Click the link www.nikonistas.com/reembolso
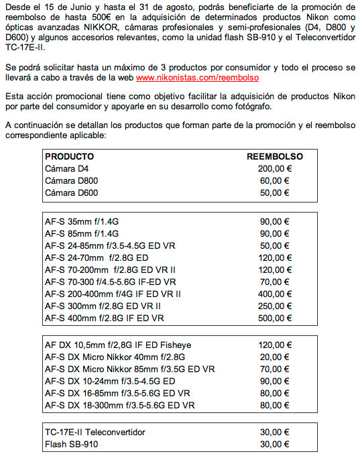tap(197, 78)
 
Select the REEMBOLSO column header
tap(274, 156)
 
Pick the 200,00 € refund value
tap(274, 168)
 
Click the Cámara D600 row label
tap(70, 192)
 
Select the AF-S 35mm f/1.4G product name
tap(81, 221)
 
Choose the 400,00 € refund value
tap(274, 294)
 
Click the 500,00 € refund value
tap(274, 318)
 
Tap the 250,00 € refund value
tap(274, 306)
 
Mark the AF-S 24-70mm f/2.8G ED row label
tap(97, 257)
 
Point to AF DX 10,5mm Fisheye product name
tap(117, 345)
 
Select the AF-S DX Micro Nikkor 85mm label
tap(129, 369)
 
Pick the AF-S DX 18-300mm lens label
tap(119, 405)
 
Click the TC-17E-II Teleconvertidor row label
tap(95, 432)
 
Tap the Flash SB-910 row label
tap(71, 444)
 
